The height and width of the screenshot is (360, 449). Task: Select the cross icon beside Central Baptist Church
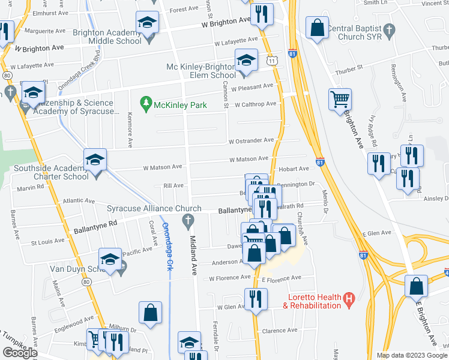(x=389, y=29)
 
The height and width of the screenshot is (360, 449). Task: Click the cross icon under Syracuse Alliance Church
(x=188, y=221)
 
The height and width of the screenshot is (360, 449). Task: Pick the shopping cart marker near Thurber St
(x=340, y=98)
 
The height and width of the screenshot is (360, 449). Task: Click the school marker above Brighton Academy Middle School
(x=146, y=23)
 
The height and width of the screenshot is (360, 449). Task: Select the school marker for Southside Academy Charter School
(x=95, y=160)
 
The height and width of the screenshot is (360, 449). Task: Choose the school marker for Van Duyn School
(x=110, y=259)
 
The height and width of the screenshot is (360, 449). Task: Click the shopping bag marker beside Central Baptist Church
(x=317, y=27)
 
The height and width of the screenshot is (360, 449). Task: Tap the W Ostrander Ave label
(x=251, y=140)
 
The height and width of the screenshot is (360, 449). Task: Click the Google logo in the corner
(x=20, y=353)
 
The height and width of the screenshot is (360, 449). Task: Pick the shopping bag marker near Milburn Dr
(x=150, y=312)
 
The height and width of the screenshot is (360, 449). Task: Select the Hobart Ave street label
(x=294, y=169)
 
